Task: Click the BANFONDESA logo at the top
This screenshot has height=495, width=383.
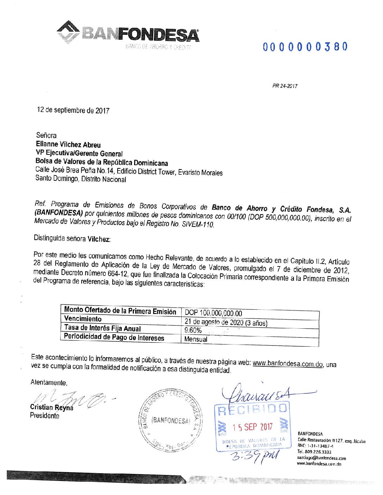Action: tap(128, 34)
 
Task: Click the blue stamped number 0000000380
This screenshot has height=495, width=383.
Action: tap(305, 47)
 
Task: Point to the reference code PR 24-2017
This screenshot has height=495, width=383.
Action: tap(285, 86)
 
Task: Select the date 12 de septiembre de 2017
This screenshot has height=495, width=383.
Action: tap(73, 110)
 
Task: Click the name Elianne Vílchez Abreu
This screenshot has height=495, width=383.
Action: tap(68, 144)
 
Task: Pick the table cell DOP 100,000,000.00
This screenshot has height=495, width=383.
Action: tap(213, 313)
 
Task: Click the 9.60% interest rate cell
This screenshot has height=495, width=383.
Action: tap(193, 330)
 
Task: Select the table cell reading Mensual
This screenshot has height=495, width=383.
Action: tap(196, 339)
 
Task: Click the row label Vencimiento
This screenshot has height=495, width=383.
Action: tap(83, 319)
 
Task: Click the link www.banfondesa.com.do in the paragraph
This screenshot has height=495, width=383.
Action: tap(288, 364)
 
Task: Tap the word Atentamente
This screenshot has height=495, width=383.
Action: tap(49, 382)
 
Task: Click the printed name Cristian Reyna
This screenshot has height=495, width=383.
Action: tap(52, 407)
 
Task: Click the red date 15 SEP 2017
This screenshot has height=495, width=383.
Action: tap(252, 427)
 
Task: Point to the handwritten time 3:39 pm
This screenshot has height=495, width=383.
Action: tap(254, 456)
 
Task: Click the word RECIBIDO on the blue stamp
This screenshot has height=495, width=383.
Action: tap(252, 409)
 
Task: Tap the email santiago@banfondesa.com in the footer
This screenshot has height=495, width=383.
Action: tap(321, 458)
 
